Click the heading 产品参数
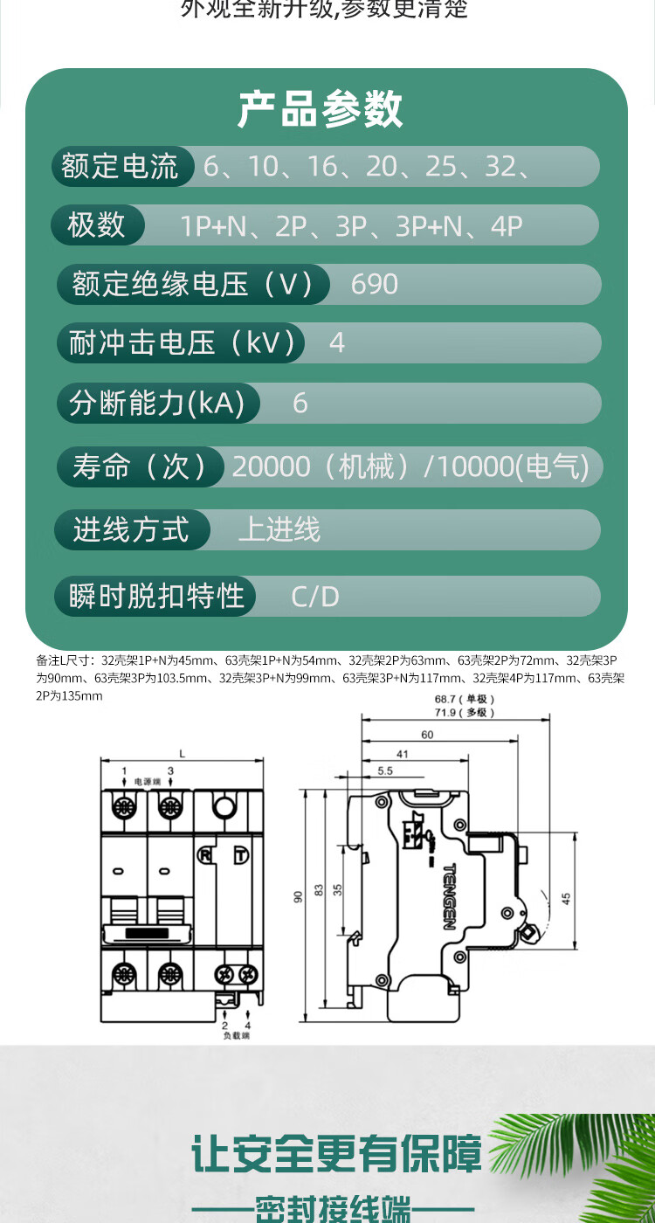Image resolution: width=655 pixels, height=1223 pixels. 321,110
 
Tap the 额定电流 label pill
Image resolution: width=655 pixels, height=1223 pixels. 120,166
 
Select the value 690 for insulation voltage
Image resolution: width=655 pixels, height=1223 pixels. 374,284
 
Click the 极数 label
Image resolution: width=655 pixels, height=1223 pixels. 96,225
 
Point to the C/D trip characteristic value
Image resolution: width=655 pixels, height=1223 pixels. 314,597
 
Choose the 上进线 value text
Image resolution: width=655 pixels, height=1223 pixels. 279,529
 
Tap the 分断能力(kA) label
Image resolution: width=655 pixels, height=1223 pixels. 155,403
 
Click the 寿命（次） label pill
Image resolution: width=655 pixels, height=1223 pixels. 140,466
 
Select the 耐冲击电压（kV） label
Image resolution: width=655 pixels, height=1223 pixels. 182,343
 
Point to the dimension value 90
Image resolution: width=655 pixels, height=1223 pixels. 298,897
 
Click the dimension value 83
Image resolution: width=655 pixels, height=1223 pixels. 319,889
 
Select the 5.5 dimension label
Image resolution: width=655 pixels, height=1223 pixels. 385,771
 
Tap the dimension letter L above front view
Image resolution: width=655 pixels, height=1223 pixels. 182,753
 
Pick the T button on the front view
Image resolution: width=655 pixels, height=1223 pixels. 240,856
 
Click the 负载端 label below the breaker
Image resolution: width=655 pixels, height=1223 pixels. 236,1036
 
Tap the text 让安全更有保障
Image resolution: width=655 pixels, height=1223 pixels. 336,1155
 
